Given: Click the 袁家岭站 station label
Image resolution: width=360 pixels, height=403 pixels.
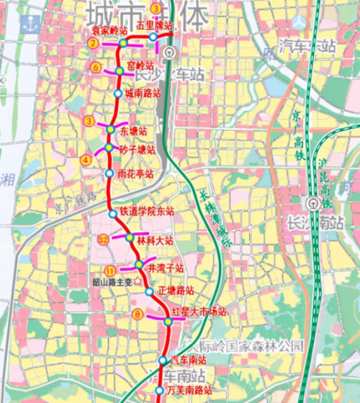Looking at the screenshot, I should (x=108, y=32).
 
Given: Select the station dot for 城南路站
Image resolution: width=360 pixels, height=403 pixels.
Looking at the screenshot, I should (x=118, y=94).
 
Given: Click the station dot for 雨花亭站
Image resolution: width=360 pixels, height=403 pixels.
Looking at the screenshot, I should (x=109, y=173).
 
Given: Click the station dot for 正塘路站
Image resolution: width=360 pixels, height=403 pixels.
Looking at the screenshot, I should (x=149, y=291).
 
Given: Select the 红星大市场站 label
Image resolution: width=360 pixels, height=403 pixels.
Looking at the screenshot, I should (x=199, y=312).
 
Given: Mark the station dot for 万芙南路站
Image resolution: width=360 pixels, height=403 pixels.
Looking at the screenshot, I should (x=159, y=391).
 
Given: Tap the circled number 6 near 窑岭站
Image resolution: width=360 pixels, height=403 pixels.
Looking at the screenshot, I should (x=96, y=68).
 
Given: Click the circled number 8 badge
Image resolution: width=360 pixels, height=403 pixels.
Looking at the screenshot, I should (x=138, y=314).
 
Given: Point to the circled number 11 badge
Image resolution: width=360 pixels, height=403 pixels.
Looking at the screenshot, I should (x=109, y=271).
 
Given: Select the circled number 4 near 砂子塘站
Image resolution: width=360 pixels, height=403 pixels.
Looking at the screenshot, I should (x=86, y=160).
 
